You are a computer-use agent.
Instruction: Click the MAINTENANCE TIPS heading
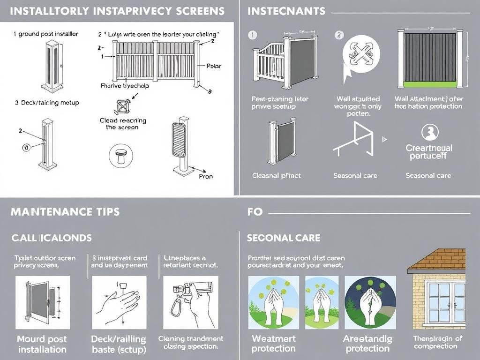pyautogui.click(x=65, y=212)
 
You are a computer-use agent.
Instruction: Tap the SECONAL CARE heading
pyautogui.click(x=284, y=238)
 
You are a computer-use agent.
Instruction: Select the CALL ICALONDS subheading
pyautogui.click(x=52, y=238)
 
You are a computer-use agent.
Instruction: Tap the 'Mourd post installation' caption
pyautogui.click(x=42, y=344)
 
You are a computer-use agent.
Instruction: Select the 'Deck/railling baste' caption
pyautogui.click(x=118, y=344)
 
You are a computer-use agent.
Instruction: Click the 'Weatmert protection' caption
pyautogui.click(x=273, y=344)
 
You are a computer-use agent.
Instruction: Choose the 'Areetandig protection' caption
pyautogui.click(x=367, y=344)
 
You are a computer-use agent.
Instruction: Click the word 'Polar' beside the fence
pyautogui.click(x=213, y=66)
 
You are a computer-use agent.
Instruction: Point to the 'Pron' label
pyautogui.click(x=205, y=176)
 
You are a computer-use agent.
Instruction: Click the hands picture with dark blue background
pyautogui.click(x=370, y=302)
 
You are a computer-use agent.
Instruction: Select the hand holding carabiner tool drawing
pyautogui.click(x=189, y=302)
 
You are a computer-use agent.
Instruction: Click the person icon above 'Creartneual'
pyautogui.click(x=429, y=133)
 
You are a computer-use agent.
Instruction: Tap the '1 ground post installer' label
pyautogui.click(x=45, y=34)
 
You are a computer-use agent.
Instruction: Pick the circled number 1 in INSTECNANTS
pyautogui.click(x=252, y=35)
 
